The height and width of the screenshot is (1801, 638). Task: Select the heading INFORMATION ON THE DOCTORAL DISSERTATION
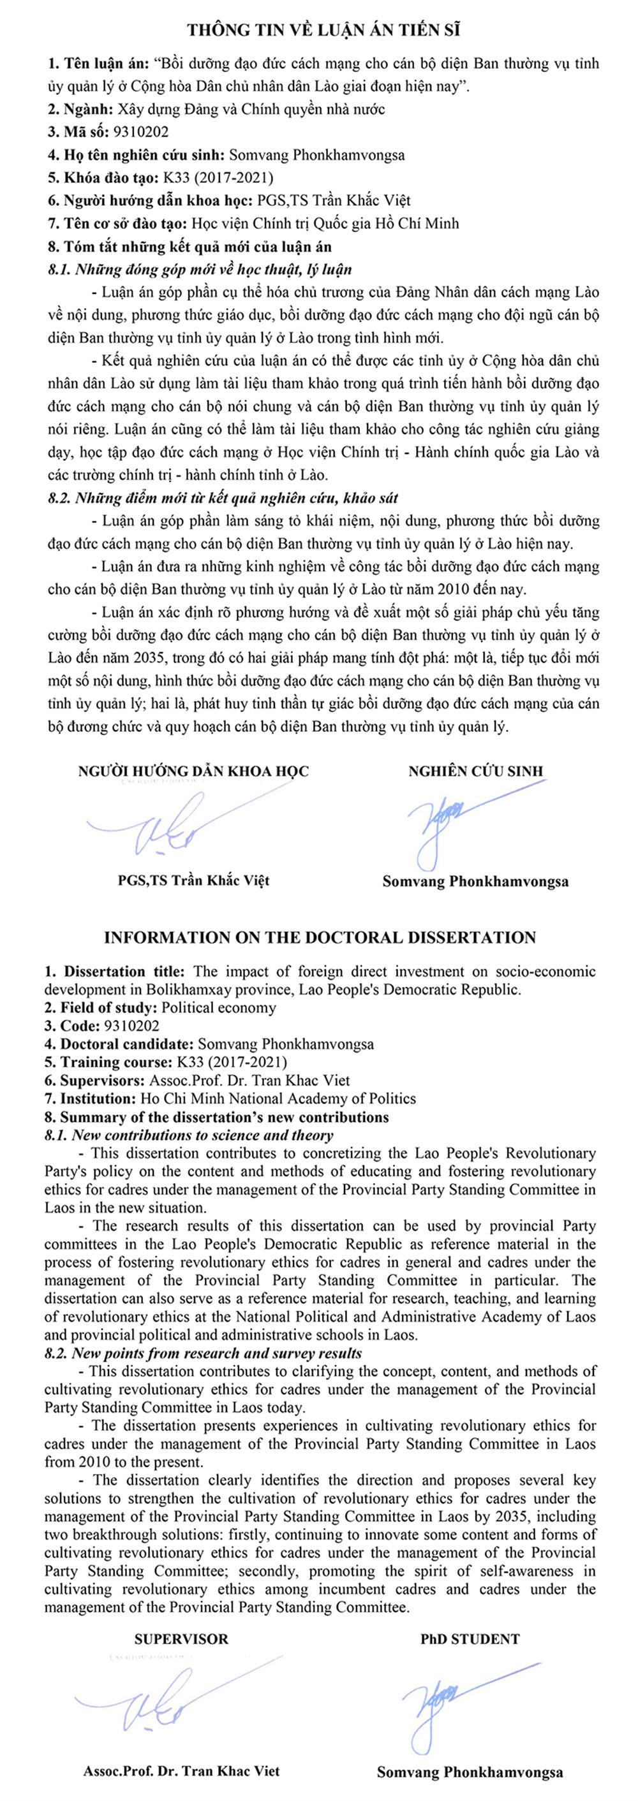click(x=320, y=938)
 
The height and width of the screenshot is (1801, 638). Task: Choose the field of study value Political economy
click(x=218, y=1007)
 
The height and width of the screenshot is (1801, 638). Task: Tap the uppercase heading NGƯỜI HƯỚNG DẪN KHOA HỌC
click(x=193, y=771)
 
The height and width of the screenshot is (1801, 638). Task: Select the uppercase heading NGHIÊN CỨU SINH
click(x=476, y=771)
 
